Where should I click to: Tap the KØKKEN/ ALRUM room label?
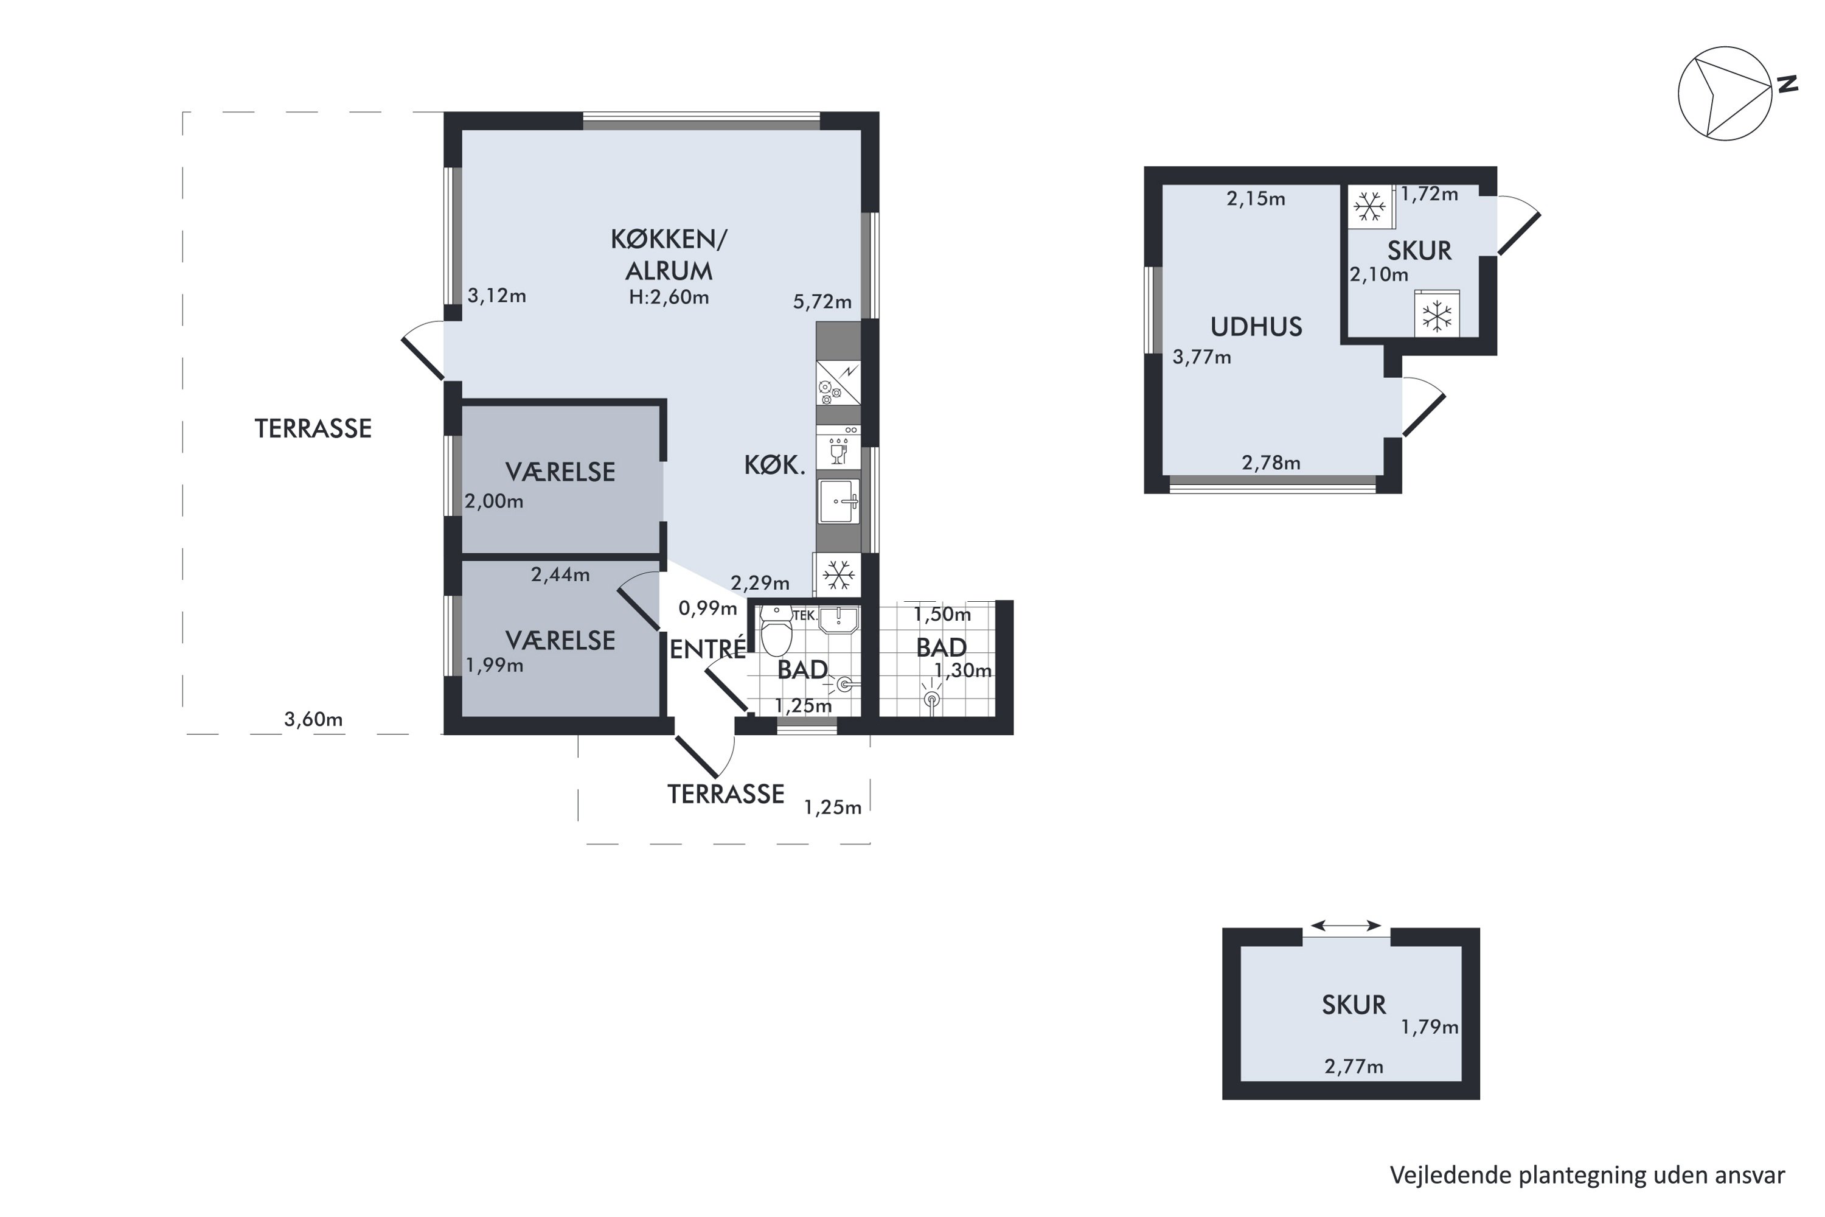click(x=669, y=254)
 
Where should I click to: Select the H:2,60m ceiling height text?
click(x=669, y=298)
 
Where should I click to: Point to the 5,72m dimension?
click(x=822, y=302)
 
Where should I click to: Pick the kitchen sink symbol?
click(x=839, y=501)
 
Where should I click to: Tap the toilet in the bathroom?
click(x=776, y=630)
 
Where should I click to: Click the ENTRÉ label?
click(x=707, y=649)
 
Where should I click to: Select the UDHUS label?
click(x=1256, y=327)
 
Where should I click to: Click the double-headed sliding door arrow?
click(x=1346, y=925)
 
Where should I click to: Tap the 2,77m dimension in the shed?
click(x=1354, y=1067)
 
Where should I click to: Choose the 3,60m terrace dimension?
click(x=313, y=719)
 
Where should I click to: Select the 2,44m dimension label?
click(x=560, y=575)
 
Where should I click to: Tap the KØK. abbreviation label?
click(x=774, y=466)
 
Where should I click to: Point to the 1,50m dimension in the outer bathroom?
click(x=942, y=615)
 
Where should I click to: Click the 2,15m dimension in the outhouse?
click(x=1256, y=200)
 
